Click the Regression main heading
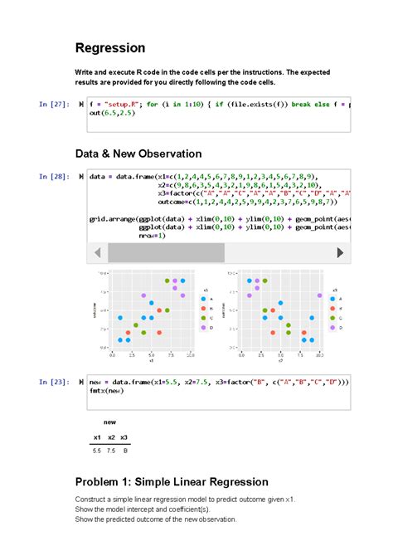point(110,48)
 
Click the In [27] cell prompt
point(55,105)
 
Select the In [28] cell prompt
point(55,177)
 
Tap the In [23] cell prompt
point(55,382)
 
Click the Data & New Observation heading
point(138,154)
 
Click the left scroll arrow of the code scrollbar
point(98,251)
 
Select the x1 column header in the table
point(97,437)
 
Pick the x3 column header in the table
point(124,437)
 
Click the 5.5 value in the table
point(97,451)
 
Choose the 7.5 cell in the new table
point(111,451)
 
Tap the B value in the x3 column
point(125,451)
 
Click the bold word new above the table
point(110,422)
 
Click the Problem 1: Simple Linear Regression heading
point(172,482)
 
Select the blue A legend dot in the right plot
point(332,298)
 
